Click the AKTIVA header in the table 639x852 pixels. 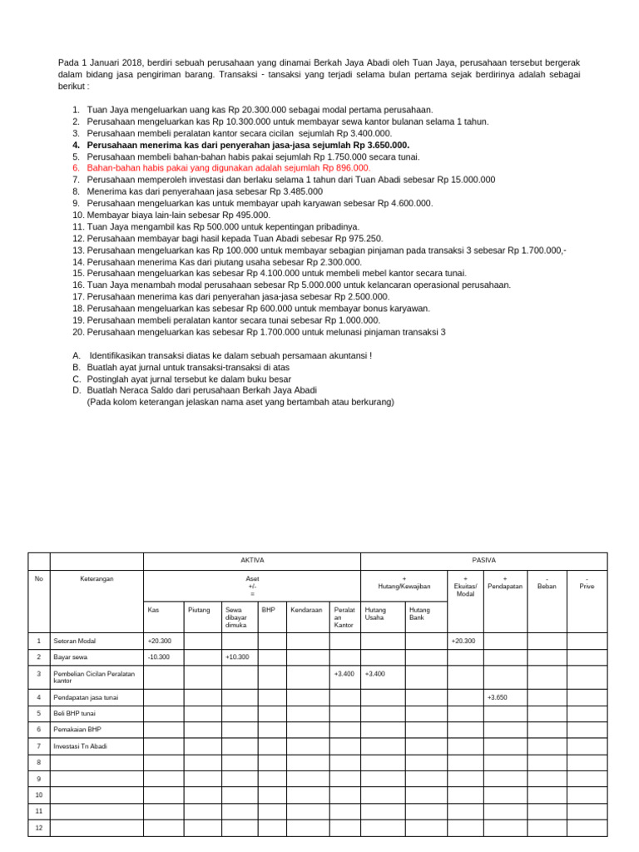point(251,561)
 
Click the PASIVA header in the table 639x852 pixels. point(483,561)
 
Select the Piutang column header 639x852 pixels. point(199,610)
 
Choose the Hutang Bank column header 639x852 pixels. point(419,614)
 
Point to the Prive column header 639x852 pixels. point(587,582)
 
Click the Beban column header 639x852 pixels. point(547,582)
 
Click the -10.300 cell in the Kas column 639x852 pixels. point(158,657)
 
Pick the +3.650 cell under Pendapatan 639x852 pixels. point(498,696)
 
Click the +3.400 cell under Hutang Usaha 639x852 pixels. point(375,674)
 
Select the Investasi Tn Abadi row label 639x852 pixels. point(82,746)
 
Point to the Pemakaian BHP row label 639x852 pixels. point(78,730)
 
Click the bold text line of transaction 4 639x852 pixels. point(247,145)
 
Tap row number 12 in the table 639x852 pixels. point(38,827)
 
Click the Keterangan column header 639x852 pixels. point(97,578)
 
